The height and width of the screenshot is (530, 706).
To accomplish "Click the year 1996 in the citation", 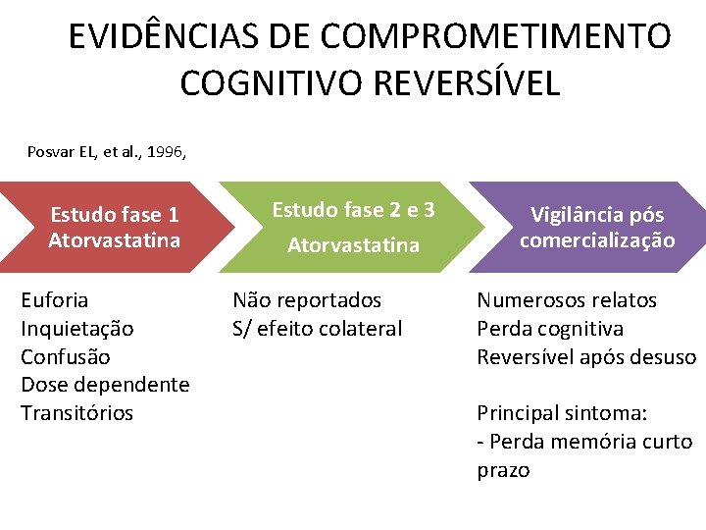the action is point(159,152).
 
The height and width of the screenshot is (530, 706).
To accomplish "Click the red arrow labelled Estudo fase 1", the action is point(115,227).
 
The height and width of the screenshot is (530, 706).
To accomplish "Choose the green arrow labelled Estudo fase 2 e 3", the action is point(353,227).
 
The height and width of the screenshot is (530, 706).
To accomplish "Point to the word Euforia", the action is point(55,300).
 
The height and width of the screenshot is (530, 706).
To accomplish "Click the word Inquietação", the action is point(77,329).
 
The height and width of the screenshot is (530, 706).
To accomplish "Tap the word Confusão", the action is point(66,356).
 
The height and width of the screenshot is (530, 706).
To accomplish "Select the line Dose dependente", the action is point(105,385).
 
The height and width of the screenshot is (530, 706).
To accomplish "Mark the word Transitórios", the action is point(76,413).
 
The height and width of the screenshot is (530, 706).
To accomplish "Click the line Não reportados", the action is point(306,300).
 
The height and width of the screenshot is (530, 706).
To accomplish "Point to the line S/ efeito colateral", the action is point(317,329).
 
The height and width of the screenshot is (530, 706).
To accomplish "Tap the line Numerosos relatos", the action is point(567,300).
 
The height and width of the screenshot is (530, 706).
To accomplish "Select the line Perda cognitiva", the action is point(550,329).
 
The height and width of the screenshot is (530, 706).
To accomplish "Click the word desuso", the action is point(667,356).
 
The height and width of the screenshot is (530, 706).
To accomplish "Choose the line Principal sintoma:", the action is point(562,413).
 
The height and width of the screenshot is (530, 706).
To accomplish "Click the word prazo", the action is point(503,470).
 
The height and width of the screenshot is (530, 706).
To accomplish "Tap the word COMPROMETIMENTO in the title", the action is point(496,37).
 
